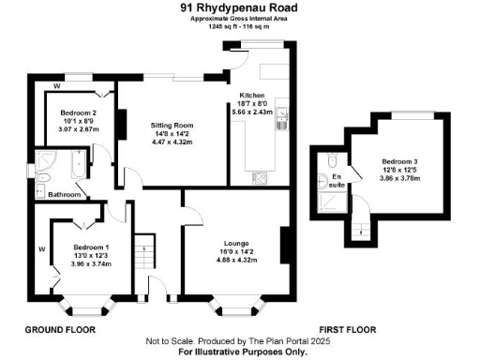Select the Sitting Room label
(172, 125)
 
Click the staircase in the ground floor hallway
(144, 251)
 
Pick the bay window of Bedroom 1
(88, 306)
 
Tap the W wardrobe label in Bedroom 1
(42, 248)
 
